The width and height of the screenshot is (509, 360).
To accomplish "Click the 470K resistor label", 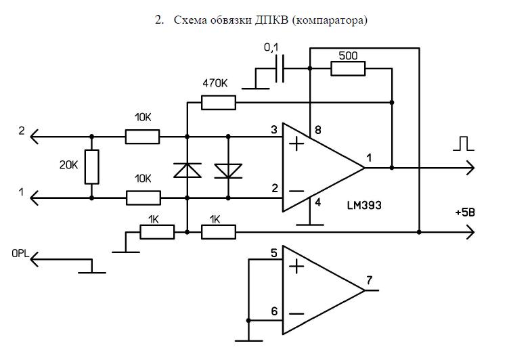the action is [x=215, y=83].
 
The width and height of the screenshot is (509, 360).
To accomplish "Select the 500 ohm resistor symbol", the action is [x=348, y=68].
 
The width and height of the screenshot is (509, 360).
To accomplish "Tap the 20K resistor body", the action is [x=92, y=167].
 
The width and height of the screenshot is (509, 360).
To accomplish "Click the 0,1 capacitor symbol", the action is [x=280, y=68].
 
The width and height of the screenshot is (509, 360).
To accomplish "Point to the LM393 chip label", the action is [x=364, y=205].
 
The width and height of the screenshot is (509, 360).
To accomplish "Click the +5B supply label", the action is [x=465, y=213].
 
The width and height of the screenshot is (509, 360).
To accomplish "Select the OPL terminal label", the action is [x=20, y=254].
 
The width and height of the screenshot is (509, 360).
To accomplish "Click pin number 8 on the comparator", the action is [x=318, y=130].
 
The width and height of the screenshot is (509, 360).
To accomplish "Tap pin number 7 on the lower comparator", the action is [x=370, y=280].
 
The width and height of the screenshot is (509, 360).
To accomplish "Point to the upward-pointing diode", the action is [x=187, y=171].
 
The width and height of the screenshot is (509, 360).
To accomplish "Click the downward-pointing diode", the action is [x=228, y=171].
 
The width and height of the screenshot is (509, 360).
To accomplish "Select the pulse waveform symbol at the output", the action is [x=464, y=143].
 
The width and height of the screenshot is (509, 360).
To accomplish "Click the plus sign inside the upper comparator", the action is [x=296, y=143].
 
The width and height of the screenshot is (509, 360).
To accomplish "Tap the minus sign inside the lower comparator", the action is [x=296, y=313].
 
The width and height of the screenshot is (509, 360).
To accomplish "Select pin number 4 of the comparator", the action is [x=318, y=202].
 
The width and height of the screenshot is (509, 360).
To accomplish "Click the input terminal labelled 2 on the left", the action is [x=22, y=131].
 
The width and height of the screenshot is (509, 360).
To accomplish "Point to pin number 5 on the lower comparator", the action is [x=274, y=253].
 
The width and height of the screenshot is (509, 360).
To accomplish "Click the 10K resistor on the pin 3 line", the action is [x=143, y=137].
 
